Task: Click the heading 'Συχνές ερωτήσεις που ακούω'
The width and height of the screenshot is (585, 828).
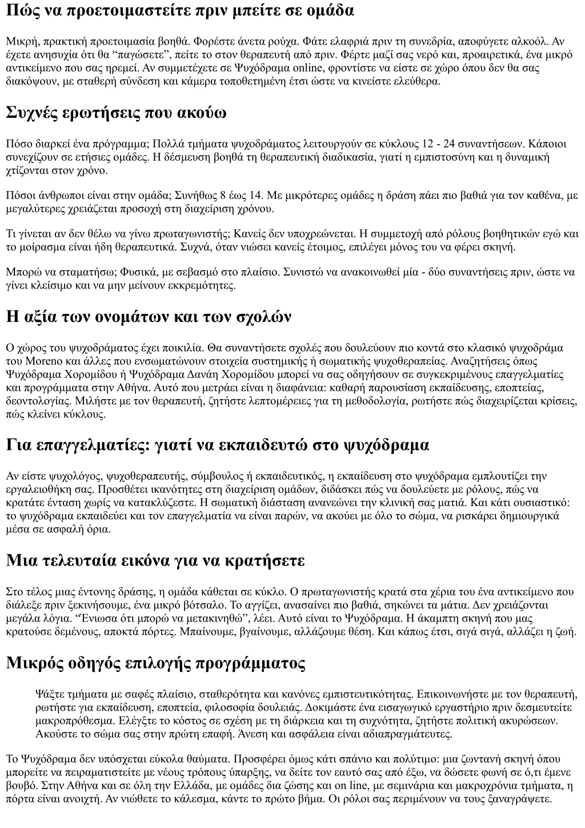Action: pyautogui.click(x=116, y=113)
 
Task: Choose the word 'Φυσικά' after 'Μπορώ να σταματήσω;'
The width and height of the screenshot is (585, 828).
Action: pyautogui.click(x=117, y=272)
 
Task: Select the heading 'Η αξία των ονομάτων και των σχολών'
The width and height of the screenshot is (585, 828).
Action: pyautogui.click(x=149, y=316)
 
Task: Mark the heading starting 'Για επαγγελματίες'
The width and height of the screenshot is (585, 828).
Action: pyautogui.click(x=218, y=445)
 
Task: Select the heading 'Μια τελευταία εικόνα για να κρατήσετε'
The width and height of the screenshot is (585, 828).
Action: pyautogui.click(x=155, y=560)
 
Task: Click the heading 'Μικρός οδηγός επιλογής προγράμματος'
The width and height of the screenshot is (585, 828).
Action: pyautogui.click(x=155, y=663)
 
